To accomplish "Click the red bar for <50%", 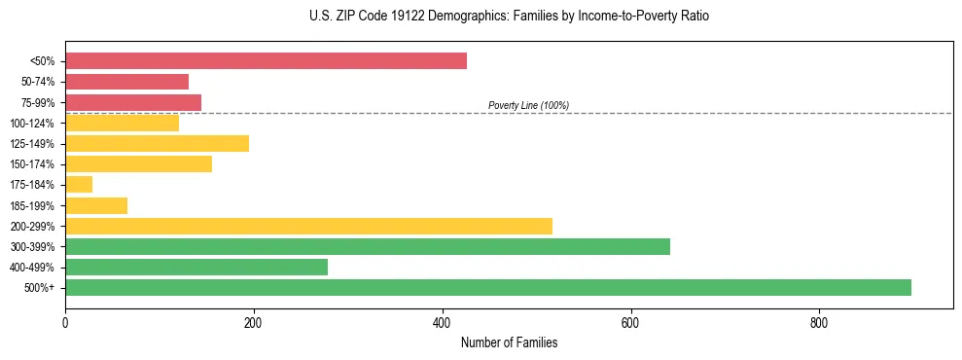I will pyautogui.click(x=266, y=61).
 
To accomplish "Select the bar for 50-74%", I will pyautogui.click(x=126, y=82).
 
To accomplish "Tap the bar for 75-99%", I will pyautogui.click(x=133, y=102).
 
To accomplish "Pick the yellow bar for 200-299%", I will pyautogui.click(x=308, y=226).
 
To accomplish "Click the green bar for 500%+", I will pyautogui.click(x=487, y=287).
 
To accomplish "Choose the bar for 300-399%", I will pyautogui.click(x=368, y=246).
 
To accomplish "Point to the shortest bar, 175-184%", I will pyautogui.click(x=79, y=184).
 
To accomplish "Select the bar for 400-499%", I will pyautogui.click(x=196, y=267).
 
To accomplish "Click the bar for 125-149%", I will pyautogui.click(x=157, y=143).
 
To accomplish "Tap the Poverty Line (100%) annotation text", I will pyautogui.click(x=528, y=105).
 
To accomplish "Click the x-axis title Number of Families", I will pyautogui.click(x=509, y=342).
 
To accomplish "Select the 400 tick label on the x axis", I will pyautogui.click(x=443, y=322).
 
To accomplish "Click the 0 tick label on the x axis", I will pyautogui.click(x=65, y=322).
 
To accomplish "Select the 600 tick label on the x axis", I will pyautogui.click(x=630, y=322).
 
